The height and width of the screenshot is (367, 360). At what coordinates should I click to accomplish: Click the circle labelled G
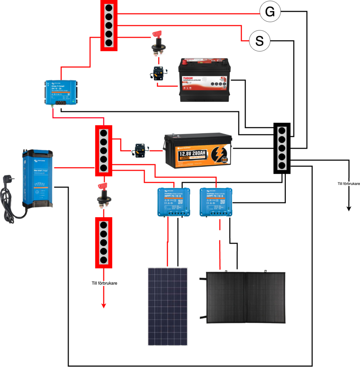tap(270, 12)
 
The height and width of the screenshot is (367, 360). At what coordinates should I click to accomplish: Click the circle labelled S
tap(260, 41)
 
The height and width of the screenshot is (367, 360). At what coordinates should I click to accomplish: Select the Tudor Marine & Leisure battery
tap(204, 81)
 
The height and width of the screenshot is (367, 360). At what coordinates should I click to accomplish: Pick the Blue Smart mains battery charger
tap(37, 179)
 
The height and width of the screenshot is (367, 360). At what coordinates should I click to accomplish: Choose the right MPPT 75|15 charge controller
tap(216, 202)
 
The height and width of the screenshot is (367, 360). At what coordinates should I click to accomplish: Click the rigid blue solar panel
tap(168, 306)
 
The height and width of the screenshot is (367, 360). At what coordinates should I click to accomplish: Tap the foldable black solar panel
tap(246, 297)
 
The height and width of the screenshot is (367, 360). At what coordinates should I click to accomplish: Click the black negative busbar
tap(282, 148)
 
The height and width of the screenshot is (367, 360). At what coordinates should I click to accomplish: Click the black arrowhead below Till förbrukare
tap(348, 208)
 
